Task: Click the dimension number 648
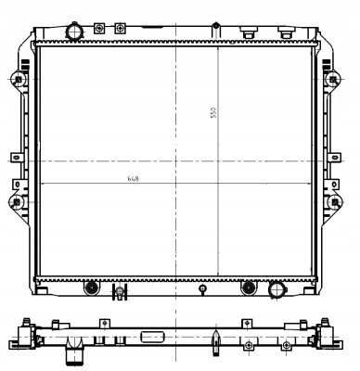coord(133,179)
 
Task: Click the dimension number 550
coord(213,113)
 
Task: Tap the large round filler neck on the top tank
coord(74,32)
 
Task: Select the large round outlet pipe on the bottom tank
coord(277,289)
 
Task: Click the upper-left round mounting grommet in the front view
coord(18,80)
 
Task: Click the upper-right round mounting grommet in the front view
coord(333,80)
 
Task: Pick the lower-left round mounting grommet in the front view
coord(17,202)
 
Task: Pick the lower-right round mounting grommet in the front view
coord(335,202)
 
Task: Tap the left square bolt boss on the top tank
coord(99,29)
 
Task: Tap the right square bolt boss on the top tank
coord(120,29)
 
